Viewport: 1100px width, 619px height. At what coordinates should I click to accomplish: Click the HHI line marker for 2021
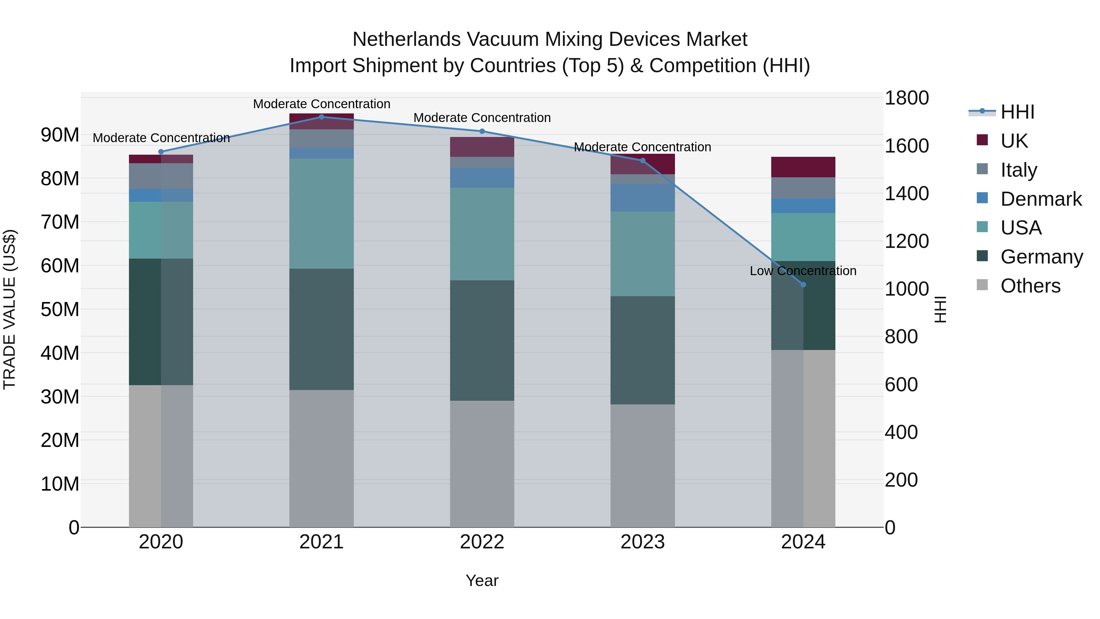(321, 117)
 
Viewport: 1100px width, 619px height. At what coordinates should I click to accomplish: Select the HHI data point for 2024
(803, 285)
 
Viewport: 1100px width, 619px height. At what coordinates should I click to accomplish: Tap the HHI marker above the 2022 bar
(482, 131)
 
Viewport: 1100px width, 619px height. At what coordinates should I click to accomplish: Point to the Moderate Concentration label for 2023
(642, 147)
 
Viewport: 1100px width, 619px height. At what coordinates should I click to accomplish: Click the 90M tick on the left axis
(60, 135)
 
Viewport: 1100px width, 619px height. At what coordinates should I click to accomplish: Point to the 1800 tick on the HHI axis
(906, 98)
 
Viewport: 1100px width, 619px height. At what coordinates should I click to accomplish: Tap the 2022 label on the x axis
(482, 542)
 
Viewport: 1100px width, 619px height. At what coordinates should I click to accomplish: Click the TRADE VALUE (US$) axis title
(10, 309)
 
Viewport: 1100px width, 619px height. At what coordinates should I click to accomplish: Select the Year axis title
(482, 580)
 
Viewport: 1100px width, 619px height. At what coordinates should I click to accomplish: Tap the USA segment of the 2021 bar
(321, 214)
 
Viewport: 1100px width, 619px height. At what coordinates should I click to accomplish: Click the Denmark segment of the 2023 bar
(642, 198)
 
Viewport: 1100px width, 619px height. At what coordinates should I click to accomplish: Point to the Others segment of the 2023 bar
(642, 466)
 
